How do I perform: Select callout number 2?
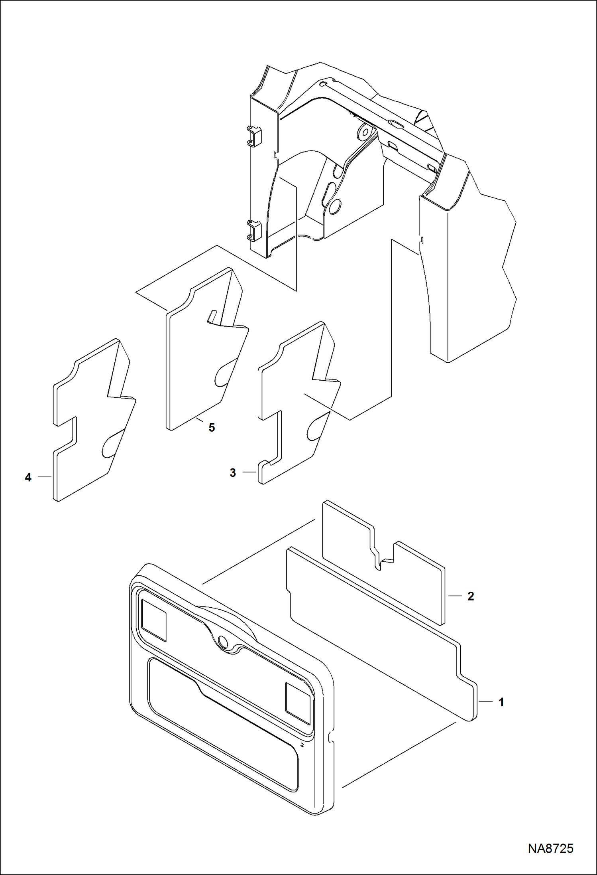[471, 608]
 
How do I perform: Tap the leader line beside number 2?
[455, 607]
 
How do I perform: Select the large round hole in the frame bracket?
[336, 206]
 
